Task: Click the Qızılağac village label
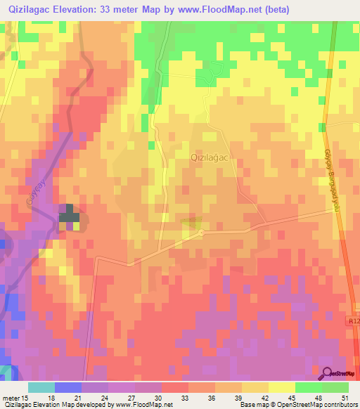212,159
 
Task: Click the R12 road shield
353,320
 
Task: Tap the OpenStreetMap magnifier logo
328,374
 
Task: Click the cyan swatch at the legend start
41,387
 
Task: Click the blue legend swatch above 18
68,387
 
